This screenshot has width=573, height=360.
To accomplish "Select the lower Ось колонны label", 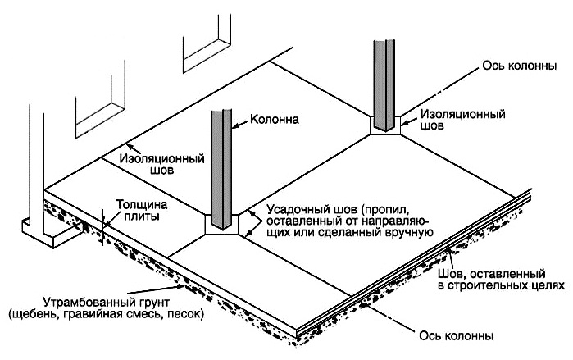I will [468, 334].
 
